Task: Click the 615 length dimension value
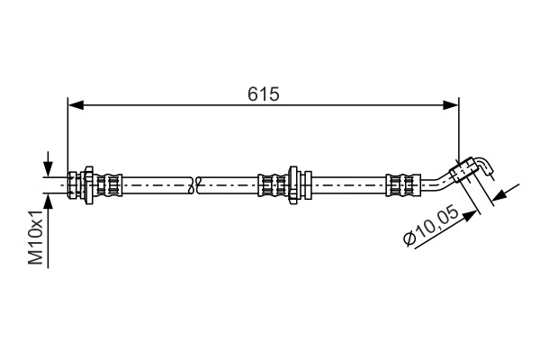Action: click(x=263, y=93)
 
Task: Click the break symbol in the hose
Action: click(x=197, y=184)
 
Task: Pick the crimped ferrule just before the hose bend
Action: click(x=400, y=184)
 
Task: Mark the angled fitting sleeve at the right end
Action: click(x=466, y=169)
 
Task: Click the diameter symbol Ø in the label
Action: click(x=409, y=239)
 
